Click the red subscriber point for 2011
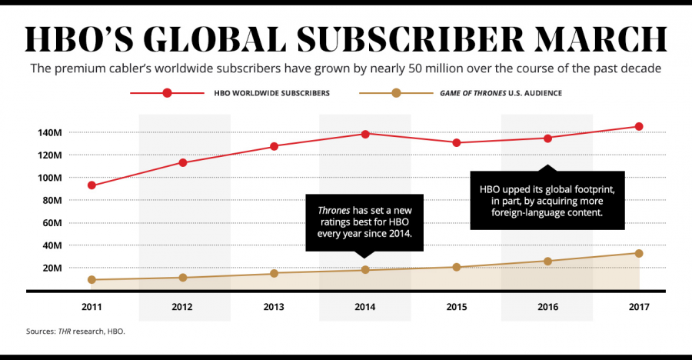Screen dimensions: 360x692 pyautogui.click(x=92, y=185)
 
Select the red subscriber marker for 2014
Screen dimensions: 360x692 pyautogui.click(x=365, y=134)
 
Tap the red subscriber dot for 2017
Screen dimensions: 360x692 pyautogui.click(x=639, y=126)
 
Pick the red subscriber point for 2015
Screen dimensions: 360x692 pyautogui.click(x=457, y=142)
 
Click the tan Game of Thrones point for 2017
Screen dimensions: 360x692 pyautogui.click(x=639, y=253)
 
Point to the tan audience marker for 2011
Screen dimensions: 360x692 pyautogui.click(x=92, y=280)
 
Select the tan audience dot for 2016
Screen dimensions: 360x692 pyautogui.click(x=547, y=262)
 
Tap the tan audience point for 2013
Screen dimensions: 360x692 pyautogui.click(x=274, y=273)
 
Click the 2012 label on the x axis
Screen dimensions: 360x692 pyautogui.click(x=183, y=307)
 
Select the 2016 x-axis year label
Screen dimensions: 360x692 pyautogui.click(x=547, y=307)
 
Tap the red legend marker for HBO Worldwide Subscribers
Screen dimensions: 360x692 pyautogui.click(x=168, y=93)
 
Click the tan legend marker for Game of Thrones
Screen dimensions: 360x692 pyautogui.click(x=396, y=93)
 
